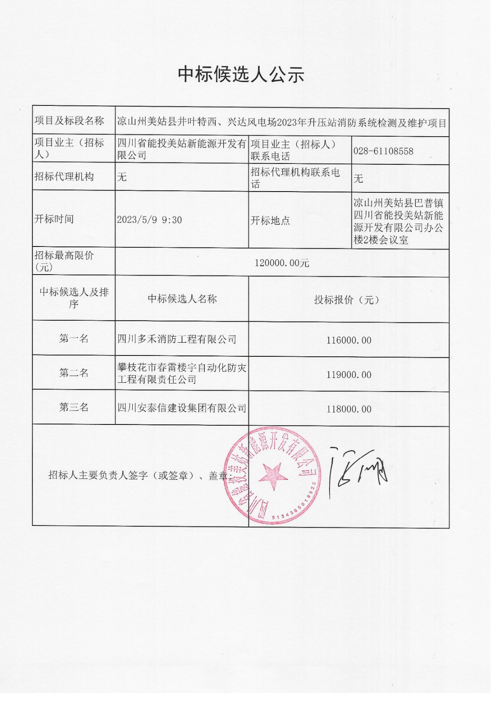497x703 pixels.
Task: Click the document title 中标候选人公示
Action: [241, 74]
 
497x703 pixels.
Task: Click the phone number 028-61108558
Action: [383, 151]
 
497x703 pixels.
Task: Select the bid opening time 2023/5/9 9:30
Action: [149, 220]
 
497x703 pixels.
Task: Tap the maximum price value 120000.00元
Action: [282, 263]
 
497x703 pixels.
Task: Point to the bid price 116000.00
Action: [348, 340]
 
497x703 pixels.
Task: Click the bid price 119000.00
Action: [348, 375]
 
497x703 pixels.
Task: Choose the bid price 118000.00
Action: [348, 409]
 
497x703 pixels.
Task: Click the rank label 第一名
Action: [74, 338]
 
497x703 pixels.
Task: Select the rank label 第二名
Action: [74, 373]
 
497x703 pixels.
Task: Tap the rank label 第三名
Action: [74, 407]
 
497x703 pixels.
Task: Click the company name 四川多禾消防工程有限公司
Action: [177, 339]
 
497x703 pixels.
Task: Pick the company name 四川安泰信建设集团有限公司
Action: [181, 408]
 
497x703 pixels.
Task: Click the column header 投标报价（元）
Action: [347, 300]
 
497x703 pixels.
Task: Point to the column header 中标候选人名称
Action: [182, 299]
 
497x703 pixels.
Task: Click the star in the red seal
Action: [272, 476]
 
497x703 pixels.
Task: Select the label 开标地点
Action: [270, 221]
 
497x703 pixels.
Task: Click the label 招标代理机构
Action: [64, 177]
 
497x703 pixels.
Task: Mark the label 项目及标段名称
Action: [69, 121]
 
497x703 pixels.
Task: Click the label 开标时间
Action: [54, 219]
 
